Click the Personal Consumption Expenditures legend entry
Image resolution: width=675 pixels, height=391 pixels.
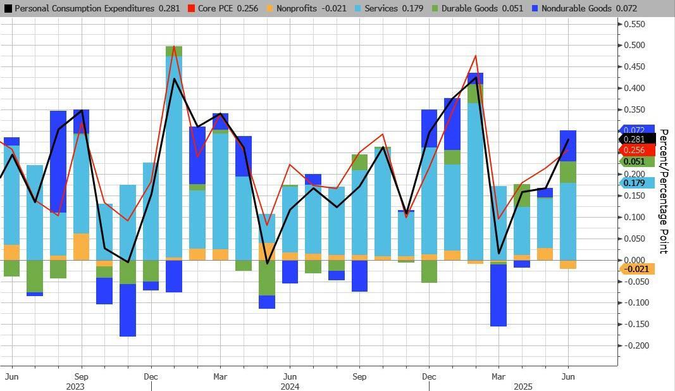92,9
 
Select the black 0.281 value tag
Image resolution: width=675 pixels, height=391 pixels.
634,139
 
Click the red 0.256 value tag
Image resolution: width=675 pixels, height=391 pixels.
634,150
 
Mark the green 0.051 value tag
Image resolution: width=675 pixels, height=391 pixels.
634,161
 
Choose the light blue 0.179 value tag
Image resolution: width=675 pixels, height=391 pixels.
634,183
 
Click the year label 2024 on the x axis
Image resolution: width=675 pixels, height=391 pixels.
289,386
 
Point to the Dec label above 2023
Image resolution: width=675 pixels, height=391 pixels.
151,376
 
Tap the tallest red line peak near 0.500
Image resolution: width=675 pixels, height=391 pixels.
173,47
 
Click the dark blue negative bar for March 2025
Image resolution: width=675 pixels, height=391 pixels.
499,295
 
